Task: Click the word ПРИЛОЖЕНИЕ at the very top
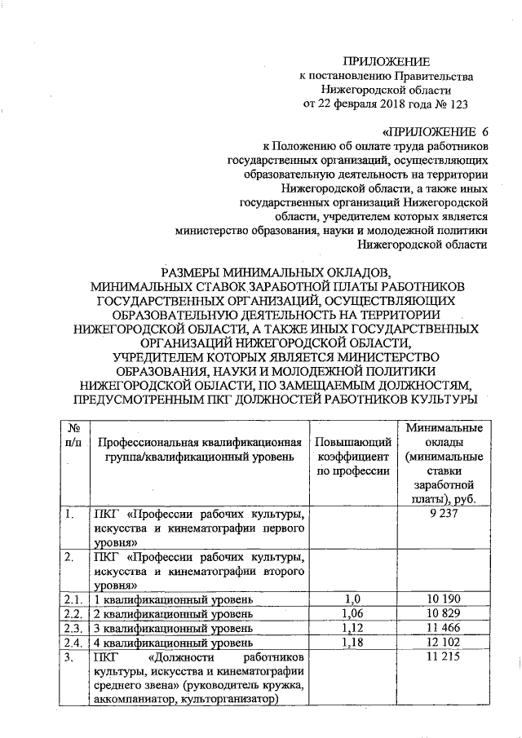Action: [x=385, y=61]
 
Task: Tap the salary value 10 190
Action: [x=444, y=599]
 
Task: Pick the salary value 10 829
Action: [x=444, y=612]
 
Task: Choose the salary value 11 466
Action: [x=444, y=626]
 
